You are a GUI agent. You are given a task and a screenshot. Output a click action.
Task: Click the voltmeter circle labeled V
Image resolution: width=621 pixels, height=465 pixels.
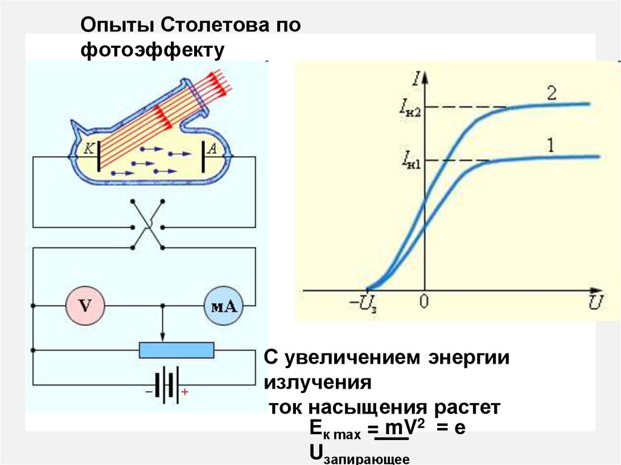[x=85, y=304]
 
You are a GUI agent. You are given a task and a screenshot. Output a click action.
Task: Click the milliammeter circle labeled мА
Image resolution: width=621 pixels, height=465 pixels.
[x=223, y=304]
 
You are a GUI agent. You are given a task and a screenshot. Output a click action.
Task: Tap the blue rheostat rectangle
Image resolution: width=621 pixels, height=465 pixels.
[x=176, y=350]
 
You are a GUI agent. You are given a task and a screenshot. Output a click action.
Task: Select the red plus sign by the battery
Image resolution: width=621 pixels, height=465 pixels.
[x=185, y=393]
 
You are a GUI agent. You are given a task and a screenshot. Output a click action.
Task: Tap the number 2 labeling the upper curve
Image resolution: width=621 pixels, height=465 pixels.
[x=551, y=94]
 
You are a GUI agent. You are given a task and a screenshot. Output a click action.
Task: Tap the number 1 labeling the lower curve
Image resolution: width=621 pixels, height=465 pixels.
[x=551, y=146]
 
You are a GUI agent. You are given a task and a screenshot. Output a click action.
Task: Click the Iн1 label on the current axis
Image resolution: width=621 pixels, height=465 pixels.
[x=410, y=161]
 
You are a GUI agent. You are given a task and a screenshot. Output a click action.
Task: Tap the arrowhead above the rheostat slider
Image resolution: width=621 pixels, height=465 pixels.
[x=162, y=336]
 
